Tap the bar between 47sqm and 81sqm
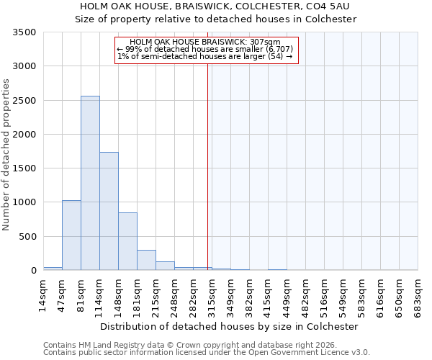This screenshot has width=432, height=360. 71,235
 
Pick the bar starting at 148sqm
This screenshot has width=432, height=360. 127,241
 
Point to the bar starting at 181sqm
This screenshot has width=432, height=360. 146,260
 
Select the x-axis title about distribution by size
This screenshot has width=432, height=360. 229,326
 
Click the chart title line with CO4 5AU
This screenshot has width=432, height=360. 216,6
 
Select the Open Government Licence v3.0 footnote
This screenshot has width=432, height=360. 207,353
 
